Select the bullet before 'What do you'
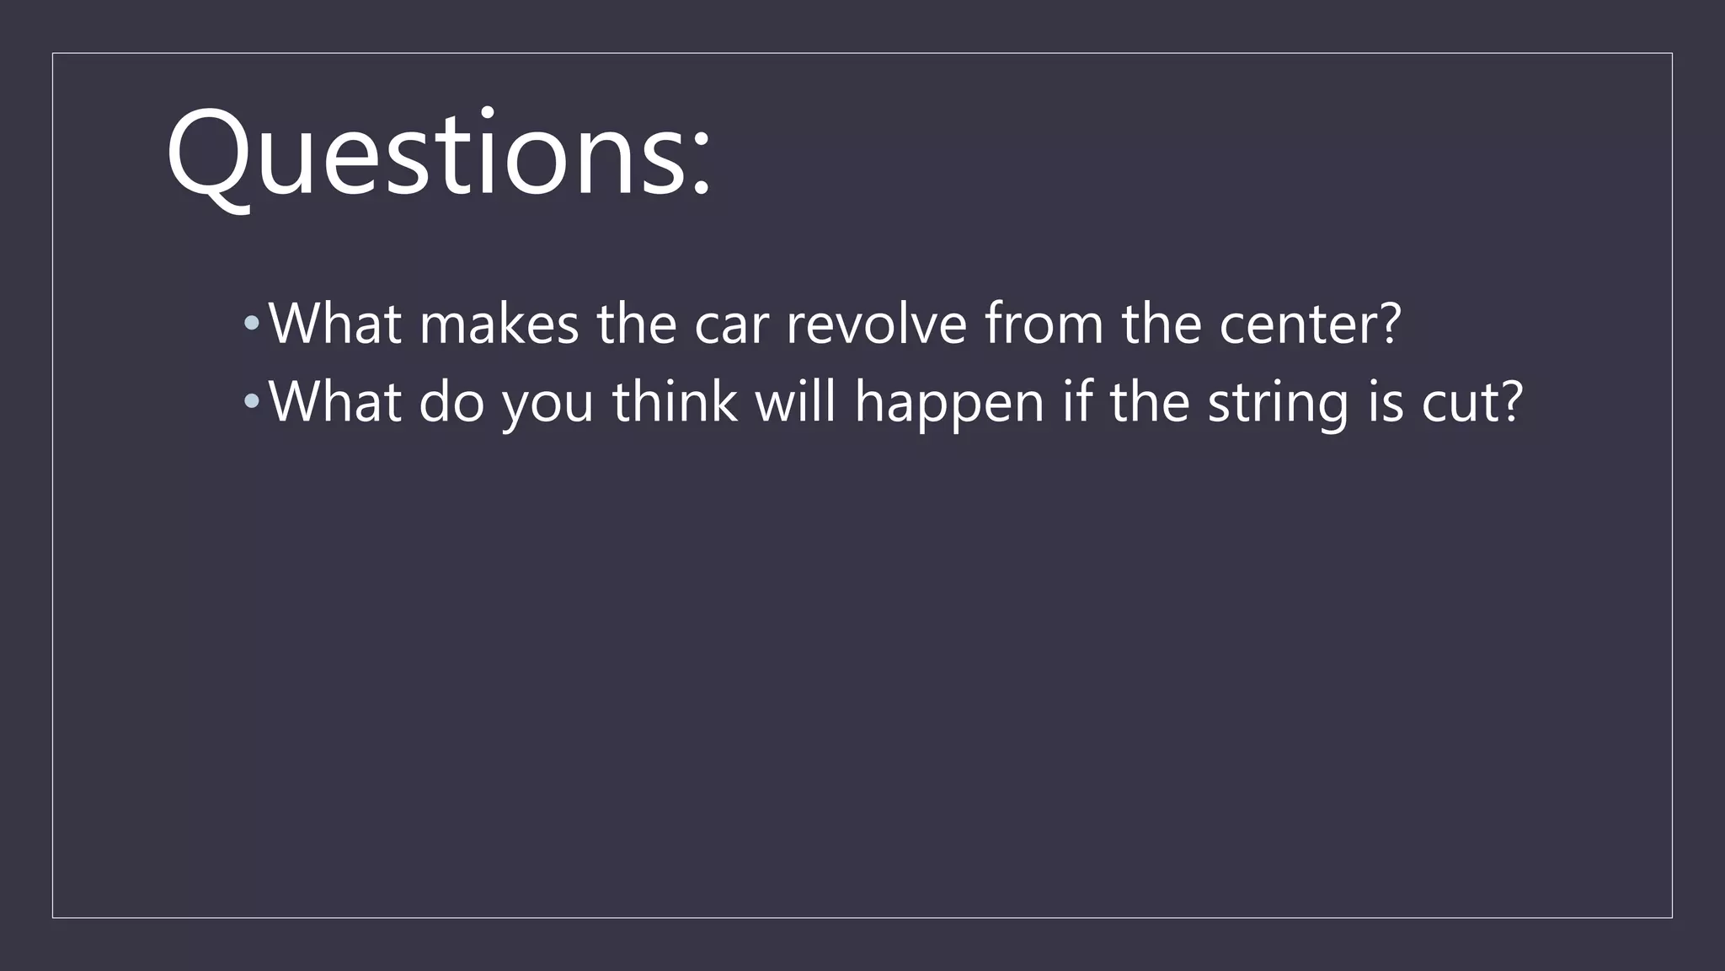tap(251, 401)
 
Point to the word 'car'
tap(731, 325)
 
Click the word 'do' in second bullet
tap(451, 401)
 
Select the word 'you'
tap(548, 405)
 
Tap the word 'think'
tap(675, 401)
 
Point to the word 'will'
tap(795, 401)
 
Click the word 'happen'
tap(949, 405)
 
